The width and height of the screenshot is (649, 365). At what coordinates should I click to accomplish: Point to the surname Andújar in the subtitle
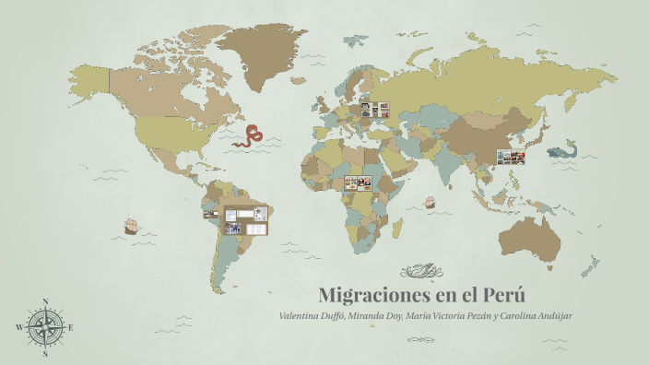[x=549, y=316]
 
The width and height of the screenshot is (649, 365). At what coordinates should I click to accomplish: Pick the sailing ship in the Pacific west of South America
[x=131, y=225]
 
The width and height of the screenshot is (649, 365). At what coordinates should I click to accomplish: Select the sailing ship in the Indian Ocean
[x=430, y=202]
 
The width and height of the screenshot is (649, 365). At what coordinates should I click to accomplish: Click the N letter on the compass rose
[x=45, y=301]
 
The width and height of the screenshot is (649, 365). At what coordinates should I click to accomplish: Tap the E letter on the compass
[x=71, y=327]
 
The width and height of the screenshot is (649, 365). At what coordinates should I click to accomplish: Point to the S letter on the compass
[x=45, y=353]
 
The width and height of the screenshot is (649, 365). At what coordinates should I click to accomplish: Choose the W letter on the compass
[x=19, y=327]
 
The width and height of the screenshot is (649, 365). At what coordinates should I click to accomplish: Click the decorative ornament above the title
[x=422, y=271]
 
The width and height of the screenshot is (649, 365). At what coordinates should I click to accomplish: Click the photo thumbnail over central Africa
[x=357, y=183]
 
